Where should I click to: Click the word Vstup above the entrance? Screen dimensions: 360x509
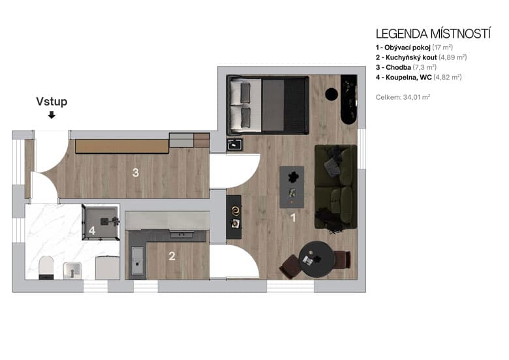tap(52, 102)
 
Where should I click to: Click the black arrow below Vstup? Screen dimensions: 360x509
tap(52, 115)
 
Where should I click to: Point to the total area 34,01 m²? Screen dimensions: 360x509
tap(403, 97)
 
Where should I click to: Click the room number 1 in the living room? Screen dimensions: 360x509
tap(293, 218)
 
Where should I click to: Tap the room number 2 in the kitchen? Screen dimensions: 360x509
tap(172, 256)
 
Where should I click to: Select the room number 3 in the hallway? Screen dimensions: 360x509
tap(135, 173)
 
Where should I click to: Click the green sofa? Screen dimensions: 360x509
tap(335, 187)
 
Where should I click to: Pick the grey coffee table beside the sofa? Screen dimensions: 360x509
tap(292, 187)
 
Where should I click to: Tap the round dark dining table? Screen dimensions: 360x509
tap(317, 259)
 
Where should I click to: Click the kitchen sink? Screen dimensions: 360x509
tap(137, 260)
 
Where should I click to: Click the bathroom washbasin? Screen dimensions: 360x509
tap(71, 270)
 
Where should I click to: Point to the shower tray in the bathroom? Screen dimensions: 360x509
tap(101, 222)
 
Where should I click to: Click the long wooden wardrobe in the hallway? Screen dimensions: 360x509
tap(121, 146)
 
